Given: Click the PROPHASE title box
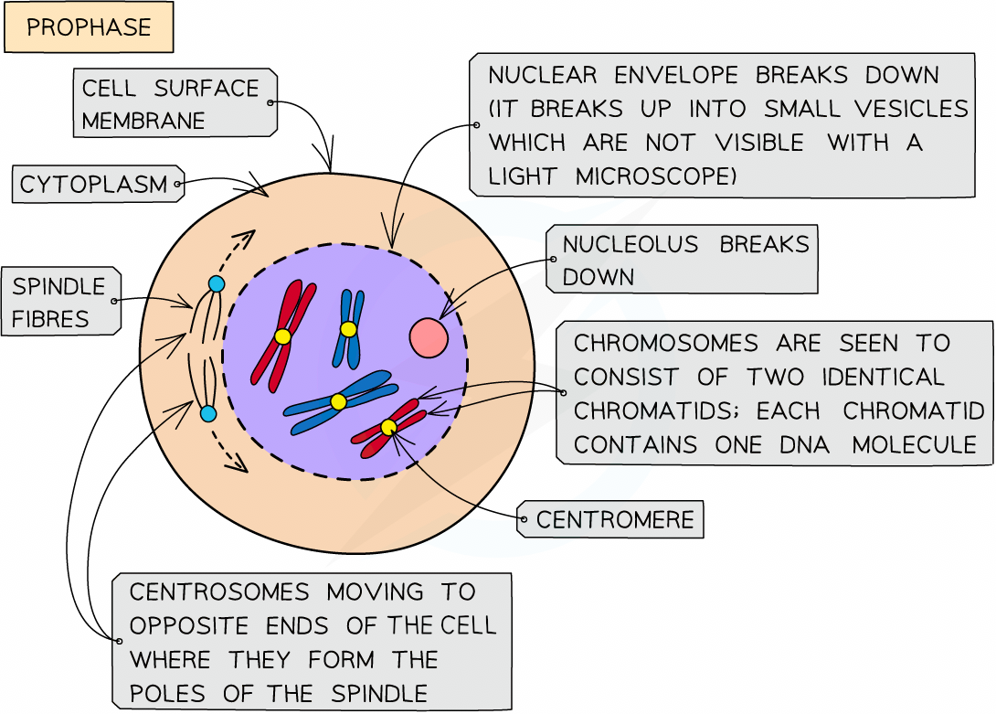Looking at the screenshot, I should point(89,27).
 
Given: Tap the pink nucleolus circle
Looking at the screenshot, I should point(428,337).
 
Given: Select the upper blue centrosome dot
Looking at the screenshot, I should point(216,283).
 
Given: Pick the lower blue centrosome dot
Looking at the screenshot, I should point(208,414).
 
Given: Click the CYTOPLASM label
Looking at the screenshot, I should point(94,185).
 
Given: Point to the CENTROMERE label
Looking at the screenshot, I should point(615,521).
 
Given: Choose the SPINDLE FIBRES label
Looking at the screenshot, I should point(59,303).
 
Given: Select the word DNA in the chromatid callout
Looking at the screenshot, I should point(803,445).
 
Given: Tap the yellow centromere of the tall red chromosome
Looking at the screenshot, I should point(282,336).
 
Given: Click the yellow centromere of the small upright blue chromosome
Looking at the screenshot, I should point(348,329).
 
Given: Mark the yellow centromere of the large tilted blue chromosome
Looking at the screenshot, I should point(338,401).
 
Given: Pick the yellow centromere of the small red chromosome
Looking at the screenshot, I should point(388,427).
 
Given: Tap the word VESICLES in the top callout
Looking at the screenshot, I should point(910,109).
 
